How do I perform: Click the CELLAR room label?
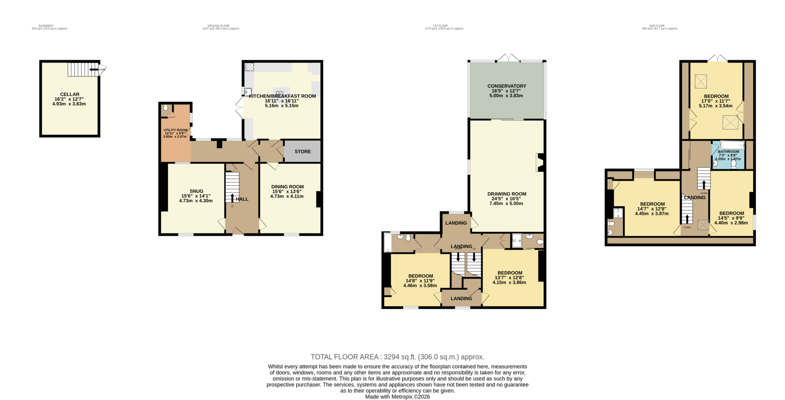click(69, 94)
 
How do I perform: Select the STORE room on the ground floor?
click(302, 152)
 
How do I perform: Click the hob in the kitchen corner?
click(249, 67)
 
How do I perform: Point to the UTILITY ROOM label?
click(175, 130)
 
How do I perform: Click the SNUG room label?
click(196, 191)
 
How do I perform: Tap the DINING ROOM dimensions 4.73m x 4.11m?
click(287, 196)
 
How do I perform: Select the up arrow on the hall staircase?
click(232, 198)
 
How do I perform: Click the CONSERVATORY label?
click(506, 86)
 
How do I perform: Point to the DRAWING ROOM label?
click(506, 194)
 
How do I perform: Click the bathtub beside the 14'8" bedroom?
click(387, 242)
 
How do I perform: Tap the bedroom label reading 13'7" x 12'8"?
click(509, 273)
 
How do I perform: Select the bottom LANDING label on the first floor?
click(461, 299)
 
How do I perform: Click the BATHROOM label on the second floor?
click(728, 152)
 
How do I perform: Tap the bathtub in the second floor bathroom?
click(732, 145)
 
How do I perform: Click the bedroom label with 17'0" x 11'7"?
click(716, 96)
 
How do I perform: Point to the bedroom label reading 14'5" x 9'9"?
click(731, 213)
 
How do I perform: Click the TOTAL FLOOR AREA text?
click(397, 357)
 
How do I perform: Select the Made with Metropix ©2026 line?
click(397, 397)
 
